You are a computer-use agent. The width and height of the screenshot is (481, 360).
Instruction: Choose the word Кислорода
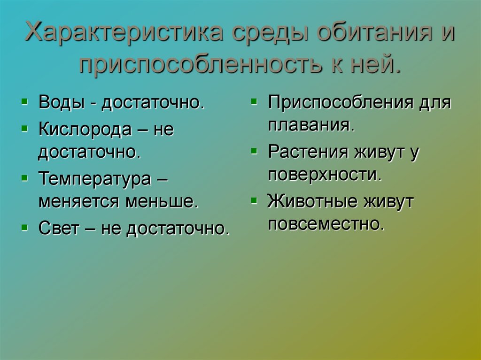85,129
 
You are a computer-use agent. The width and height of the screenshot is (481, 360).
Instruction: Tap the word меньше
162,202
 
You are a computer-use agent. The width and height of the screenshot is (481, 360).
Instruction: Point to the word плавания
310,125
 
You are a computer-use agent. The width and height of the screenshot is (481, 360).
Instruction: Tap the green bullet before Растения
254,151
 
